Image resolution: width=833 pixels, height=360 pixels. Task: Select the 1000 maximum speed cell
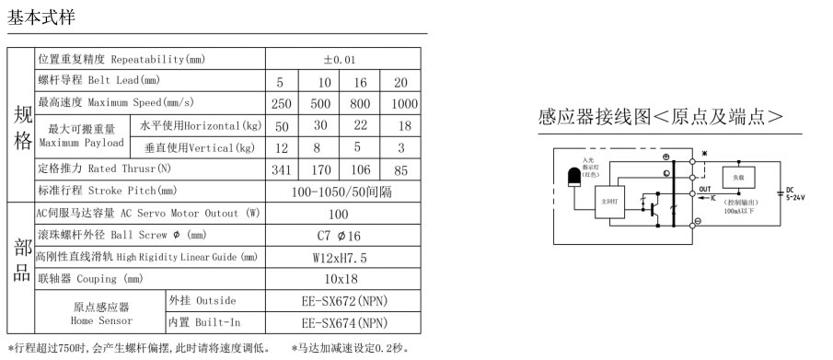pyautogui.click(x=404, y=104)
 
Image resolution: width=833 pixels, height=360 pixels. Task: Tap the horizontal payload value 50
pyautogui.click(x=282, y=126)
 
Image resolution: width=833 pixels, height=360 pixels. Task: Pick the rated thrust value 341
pyautogui.click(x=282, y=170)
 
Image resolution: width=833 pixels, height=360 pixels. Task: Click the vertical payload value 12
pyautogui.click(x=282, y=148)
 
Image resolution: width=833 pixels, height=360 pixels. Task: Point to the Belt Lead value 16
pyautogui.click(x=360, y=82)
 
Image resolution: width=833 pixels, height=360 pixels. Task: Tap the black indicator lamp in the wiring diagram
pyautogui.click(x=574, y=175)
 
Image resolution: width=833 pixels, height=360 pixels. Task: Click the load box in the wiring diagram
pyautogui.click(x=739, y=177)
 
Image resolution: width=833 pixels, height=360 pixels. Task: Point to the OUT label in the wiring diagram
pyautogui.click(x=707, y=188)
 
